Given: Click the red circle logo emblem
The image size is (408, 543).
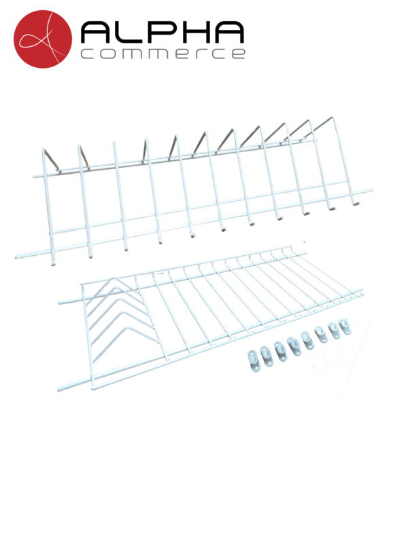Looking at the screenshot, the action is (43, 39).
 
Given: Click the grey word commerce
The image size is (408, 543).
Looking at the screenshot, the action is (163, 54).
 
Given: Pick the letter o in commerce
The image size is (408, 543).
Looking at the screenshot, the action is (109, 54).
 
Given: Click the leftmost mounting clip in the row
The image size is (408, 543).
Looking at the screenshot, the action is (253, 358).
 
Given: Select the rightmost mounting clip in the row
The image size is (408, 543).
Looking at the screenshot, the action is (345, 326).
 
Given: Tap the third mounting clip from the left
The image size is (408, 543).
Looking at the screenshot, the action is (280, 350).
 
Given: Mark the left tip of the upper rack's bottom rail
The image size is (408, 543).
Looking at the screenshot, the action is (16, 257).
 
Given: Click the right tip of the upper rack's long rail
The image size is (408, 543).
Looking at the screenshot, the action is (371, 190).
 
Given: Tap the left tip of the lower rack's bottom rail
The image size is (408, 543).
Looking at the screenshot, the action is (59, 389).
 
